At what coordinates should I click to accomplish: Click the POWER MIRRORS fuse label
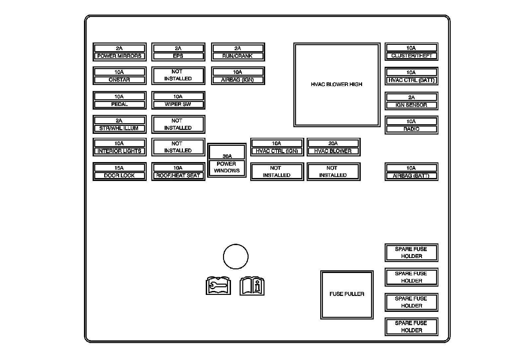click(x=119, y=56)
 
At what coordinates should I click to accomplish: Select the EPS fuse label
click(x=178, y=56)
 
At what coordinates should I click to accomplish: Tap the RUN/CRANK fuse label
click(x=238, y=56)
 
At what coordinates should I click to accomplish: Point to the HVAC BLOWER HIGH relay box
click(x=337, y=84)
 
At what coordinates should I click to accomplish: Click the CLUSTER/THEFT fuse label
click(x=411, y=55)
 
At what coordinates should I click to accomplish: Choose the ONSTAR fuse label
click(x=119, y=80)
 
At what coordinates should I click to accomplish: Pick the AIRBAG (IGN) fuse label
click(x=238, y=80)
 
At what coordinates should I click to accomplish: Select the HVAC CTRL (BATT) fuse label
click(x=411, y=80)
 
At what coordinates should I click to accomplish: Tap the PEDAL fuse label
click(x=119, y=104)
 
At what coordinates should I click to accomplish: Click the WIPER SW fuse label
click(x=178, y=104)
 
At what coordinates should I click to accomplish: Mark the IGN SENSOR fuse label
click(x=411, y=105)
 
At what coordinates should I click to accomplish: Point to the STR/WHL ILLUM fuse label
click(x=119, y=128)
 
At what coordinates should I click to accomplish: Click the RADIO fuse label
click(x=411, y=129)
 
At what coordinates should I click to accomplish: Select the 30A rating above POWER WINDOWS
click(x=227, y=156)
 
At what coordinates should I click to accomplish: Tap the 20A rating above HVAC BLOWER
click(x=333, y=143)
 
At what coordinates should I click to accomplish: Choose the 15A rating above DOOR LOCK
click(x=119, y=168)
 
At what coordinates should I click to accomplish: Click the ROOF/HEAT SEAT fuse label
click(x=178, y=175)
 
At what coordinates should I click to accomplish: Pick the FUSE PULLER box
click(x=347, y=294)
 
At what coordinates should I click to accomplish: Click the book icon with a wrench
click(x=218, y=286)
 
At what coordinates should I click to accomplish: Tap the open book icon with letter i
click(x=252, y=286)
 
